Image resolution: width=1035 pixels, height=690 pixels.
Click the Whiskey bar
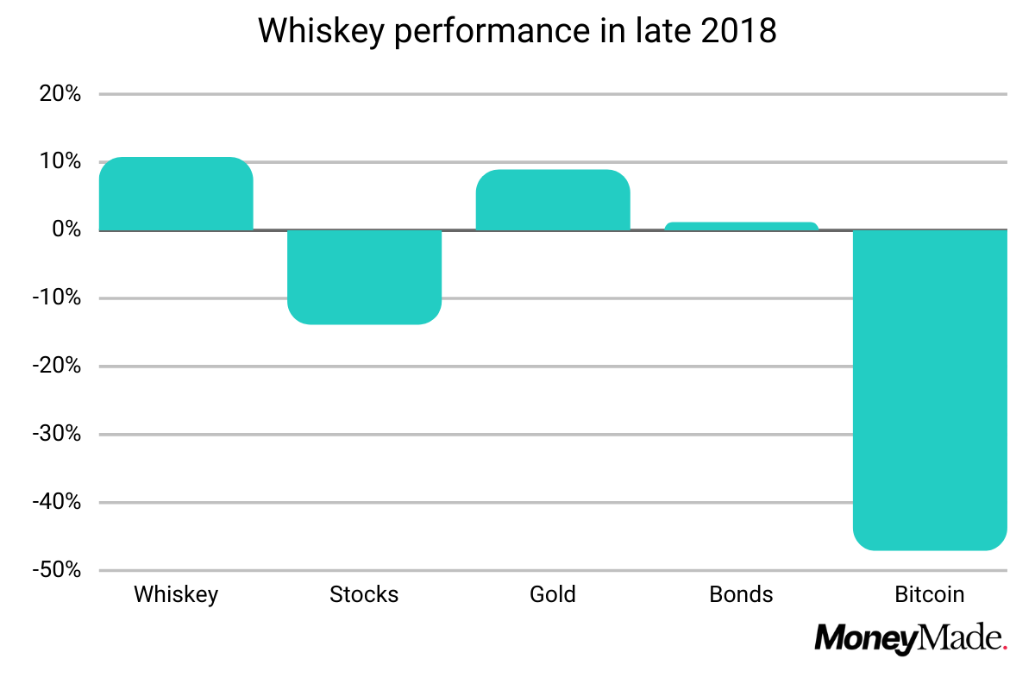176,194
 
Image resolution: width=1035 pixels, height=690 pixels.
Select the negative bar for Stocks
364,277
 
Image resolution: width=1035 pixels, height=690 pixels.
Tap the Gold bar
553,200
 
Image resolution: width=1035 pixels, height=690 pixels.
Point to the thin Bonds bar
741,226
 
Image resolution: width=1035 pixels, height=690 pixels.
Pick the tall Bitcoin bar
930,388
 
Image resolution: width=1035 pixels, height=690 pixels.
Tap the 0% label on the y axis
66,230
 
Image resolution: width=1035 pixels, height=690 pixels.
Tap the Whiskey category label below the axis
176,595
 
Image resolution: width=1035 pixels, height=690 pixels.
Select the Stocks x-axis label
364,595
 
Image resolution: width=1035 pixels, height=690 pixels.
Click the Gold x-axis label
553,595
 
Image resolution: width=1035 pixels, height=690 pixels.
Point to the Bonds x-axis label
741,595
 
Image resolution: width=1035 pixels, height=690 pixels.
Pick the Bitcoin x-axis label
930,595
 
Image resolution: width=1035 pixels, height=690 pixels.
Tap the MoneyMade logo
911,639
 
